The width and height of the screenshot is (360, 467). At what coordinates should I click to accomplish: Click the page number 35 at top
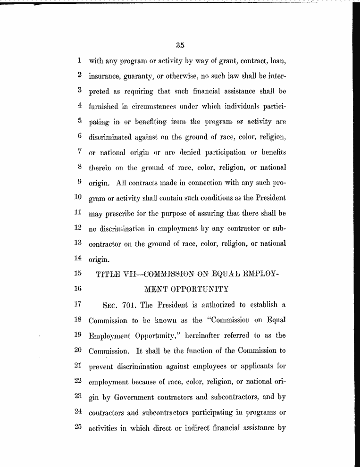click(179, 45)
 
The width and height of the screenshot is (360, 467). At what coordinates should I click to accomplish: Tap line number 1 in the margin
click(80, 60)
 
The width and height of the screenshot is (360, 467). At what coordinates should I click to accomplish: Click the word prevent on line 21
click(101, 366)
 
